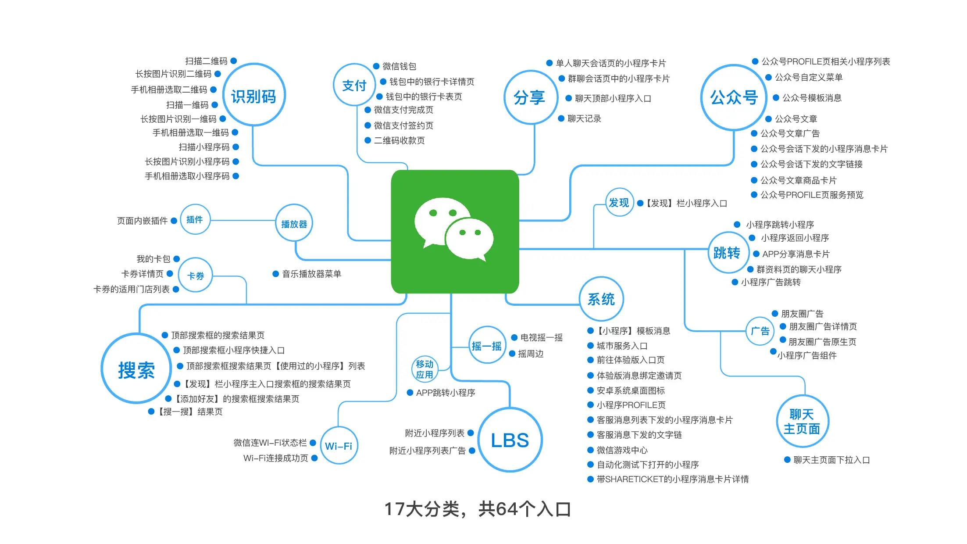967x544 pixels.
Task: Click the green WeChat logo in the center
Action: coord(455,232)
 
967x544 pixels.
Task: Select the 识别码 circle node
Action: coord(253,96)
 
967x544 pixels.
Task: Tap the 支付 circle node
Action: coord(354,85)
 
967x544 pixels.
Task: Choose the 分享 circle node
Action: coord(530,97)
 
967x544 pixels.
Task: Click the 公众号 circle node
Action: coord(734,97)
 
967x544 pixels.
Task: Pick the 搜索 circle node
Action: coord(136,369)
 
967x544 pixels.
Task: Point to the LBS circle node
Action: coord(510,440)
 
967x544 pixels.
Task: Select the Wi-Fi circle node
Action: coord(338,446)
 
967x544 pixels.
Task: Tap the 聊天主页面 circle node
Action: coord(802,421)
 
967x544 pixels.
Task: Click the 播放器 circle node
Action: coord(294,224)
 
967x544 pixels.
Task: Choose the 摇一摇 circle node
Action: coord(486,346)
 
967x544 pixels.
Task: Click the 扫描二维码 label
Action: coord(206,61)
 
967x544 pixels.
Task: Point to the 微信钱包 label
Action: coord(399,66)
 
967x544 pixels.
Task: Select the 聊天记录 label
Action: coord(584,118)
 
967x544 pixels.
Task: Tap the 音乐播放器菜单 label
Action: coord(311,274)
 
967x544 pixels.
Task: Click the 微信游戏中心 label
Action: coord(622,450)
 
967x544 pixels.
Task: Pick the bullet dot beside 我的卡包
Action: coord(177,259)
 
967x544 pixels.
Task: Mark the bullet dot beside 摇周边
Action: coord(512,354)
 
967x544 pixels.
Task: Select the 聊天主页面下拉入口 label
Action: coord(831,460)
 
